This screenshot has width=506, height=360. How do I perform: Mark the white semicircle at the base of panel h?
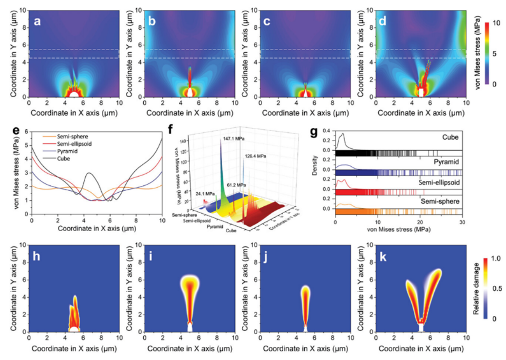pos(74,329)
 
